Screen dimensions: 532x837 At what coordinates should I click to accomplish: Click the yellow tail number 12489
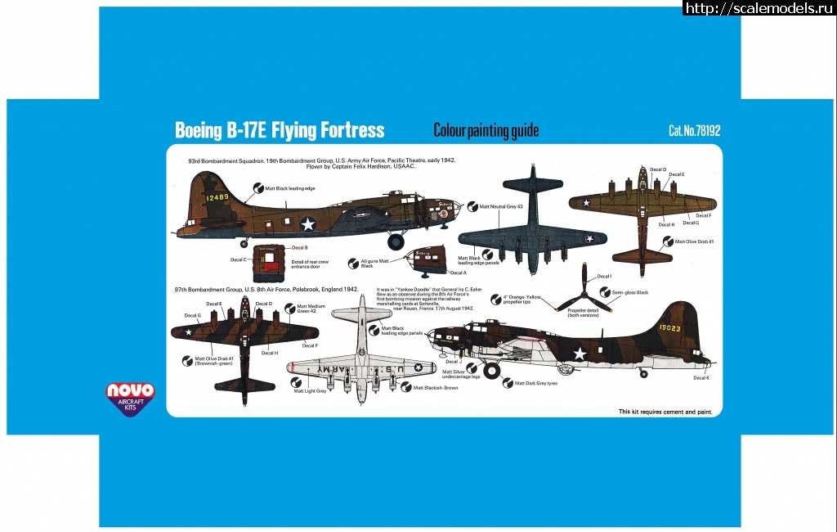tap(218, 198)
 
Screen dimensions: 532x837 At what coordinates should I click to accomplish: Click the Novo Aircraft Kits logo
tap(130, 396)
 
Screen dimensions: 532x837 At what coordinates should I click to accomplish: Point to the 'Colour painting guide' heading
tap(486, 131)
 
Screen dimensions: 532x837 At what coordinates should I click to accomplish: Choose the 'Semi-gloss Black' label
tap(630, 292)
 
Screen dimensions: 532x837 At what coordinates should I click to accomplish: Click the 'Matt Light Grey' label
tap(310, 391)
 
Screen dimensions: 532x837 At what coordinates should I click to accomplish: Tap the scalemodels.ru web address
tap(758, 8)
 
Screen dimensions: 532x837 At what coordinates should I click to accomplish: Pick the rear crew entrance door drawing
tap(266, 259)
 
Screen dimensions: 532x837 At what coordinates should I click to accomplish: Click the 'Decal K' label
tap(701, 377)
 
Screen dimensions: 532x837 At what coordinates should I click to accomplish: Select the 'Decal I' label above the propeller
tap(604, 277)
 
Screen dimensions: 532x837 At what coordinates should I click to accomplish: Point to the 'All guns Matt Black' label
tap(372, 263)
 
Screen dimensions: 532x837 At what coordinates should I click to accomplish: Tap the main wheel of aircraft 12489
tap(396, 241)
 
